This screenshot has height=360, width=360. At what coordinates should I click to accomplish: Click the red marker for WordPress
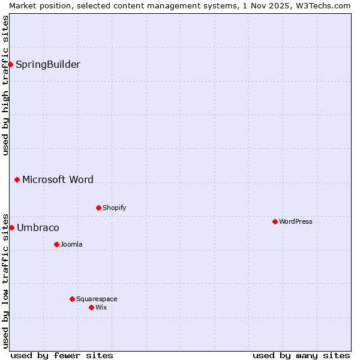tap(275, 221)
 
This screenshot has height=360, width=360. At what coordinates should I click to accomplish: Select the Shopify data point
tap(98, 208)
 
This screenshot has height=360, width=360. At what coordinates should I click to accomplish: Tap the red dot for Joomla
tap(56, 244)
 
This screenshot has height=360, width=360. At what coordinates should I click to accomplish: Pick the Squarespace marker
tap(72, 299)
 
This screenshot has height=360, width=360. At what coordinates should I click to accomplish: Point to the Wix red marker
tap(91, 307)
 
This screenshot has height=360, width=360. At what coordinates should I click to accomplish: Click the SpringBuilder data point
tap(10, 64)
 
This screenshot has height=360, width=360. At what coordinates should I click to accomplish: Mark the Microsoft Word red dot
tap(17, 179)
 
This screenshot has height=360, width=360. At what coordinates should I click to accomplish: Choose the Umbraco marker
tap(11, 227)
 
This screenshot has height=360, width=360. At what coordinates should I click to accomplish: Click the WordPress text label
tap(296, 221)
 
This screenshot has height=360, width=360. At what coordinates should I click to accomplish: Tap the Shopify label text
tap(114, 208)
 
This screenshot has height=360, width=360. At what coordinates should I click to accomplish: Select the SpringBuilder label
tap(48, 64)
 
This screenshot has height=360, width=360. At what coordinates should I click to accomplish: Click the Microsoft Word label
tap(58, 179)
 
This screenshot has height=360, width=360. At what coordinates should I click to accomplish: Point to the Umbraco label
tap(38, 227)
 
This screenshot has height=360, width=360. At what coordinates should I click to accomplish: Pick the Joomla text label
tap(71, 244)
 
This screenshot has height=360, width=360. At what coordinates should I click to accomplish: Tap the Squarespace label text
tap(97, 299)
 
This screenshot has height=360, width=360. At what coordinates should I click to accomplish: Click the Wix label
tap(101, 307)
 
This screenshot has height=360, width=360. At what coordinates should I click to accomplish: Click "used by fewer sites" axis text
tap(62, 355)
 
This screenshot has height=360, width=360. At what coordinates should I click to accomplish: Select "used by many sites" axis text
tap(301, 355)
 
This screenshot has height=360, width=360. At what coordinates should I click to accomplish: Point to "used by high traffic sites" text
tap(5, 85)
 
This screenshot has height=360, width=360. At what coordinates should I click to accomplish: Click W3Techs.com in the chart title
tap(322, 5)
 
